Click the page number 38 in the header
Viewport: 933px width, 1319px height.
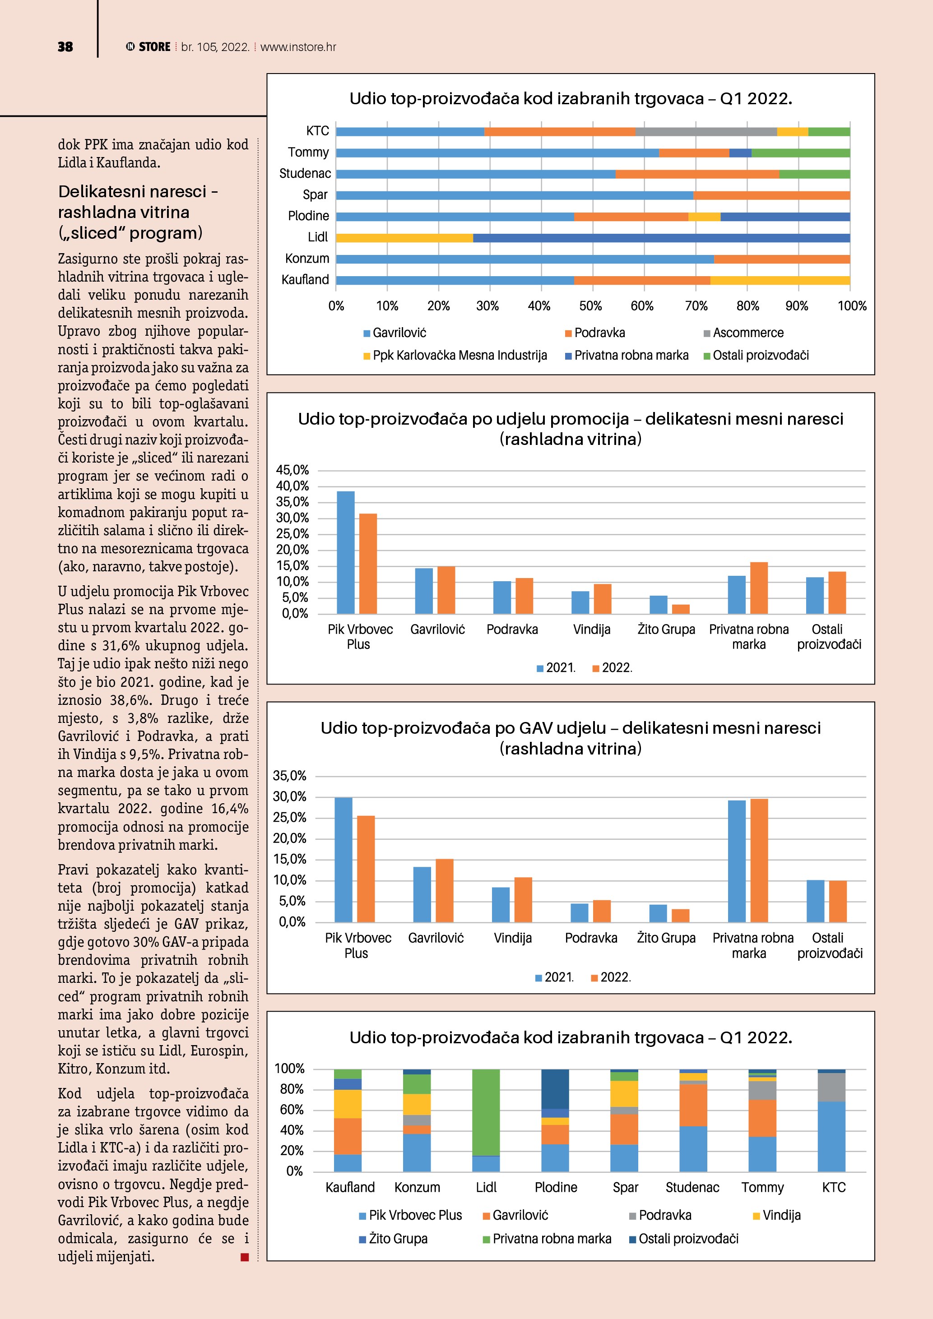tap(65, 47)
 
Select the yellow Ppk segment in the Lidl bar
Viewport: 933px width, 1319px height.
tap(404, 238)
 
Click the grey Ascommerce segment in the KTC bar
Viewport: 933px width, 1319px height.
tap(706, 132)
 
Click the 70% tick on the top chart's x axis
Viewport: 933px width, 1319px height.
tap(696, 306)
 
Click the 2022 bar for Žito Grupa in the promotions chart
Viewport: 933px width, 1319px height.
tap(681, 609)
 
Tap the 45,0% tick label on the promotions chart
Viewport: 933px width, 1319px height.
tap(292, 470)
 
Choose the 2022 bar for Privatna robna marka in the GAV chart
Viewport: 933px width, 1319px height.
tap(759, 860)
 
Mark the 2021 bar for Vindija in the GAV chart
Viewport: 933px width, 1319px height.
tap(501, 904)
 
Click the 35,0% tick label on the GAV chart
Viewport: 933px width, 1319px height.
tap(289, 776)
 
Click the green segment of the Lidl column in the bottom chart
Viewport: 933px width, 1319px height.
tap(486, 1112)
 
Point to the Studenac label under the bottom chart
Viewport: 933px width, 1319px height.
tap(692, 1187)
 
